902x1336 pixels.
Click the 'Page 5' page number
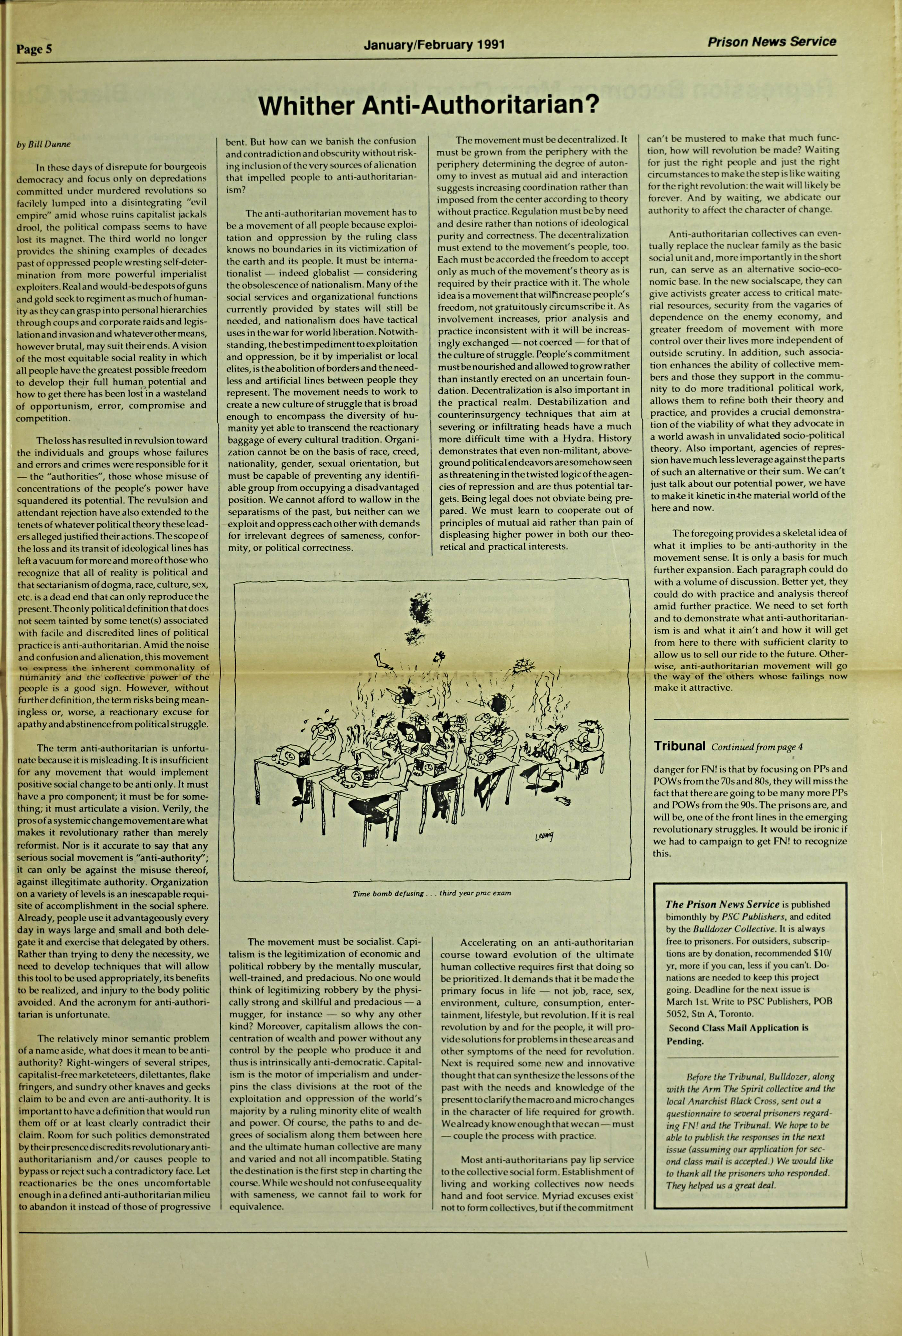click(35, 49)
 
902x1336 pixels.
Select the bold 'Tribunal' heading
click(680, 746)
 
